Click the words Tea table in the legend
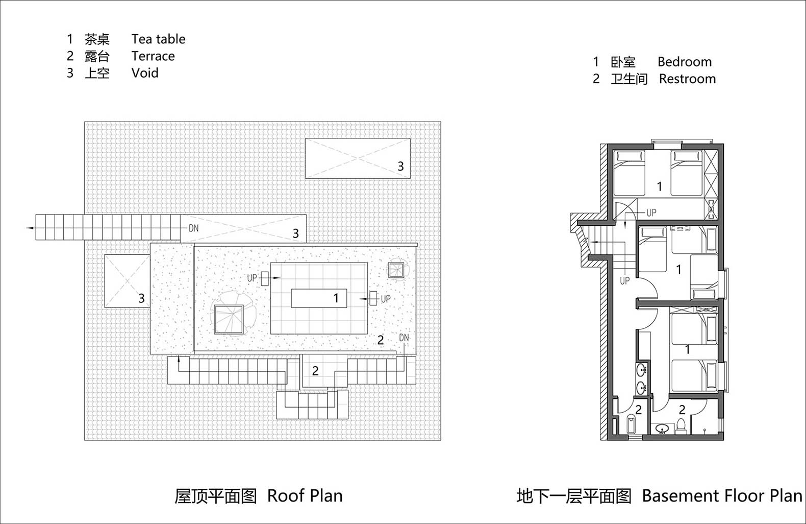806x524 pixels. click(158, 39)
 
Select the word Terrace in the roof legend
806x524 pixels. click(153, 56)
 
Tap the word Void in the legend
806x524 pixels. click(145, 73)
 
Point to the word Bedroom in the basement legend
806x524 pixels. click(685, 62)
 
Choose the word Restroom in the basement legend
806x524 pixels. click(687, 79)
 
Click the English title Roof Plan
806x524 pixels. click(305, 496)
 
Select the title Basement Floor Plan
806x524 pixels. click(722, 496)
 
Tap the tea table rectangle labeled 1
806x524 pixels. click(319, 298)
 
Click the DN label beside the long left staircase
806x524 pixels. click(193, 228)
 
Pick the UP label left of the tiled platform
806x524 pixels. click(252, 278)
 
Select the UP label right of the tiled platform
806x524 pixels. click(386, 299)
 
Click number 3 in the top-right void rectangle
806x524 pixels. click(400, 166)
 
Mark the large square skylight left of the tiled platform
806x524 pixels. click(229, 319)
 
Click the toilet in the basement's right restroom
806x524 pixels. click(681, 425)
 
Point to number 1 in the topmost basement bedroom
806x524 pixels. click(659, 186)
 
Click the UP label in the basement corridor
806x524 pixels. click(625, 281)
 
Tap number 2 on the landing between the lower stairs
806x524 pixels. click(315, 371)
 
